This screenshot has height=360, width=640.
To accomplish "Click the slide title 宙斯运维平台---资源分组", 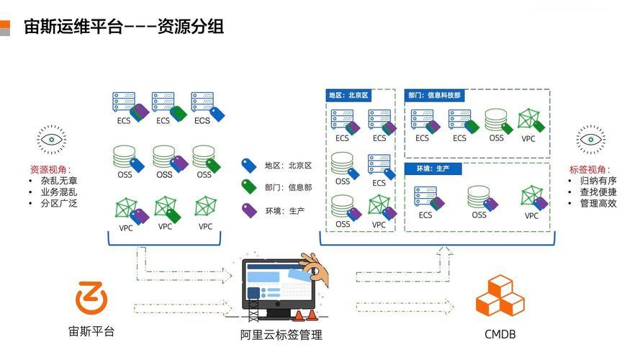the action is point(124,27).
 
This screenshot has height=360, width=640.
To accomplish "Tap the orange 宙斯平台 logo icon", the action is point(91,297).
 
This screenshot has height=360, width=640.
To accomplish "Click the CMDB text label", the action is point(500,334).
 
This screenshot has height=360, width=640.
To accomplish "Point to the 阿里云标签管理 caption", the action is point(281,335).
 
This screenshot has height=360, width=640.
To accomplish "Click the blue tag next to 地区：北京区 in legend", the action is point(248,166).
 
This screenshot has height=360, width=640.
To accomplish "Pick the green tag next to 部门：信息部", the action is point(248,187).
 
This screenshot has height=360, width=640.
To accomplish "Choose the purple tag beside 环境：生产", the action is point(248,210).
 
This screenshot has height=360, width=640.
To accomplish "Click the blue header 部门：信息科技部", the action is point(434,95).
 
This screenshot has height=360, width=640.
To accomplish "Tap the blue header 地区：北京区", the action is point(348,95).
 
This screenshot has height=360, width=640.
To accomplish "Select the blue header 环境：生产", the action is point(433,168).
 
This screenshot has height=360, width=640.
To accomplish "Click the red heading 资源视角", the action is point(49,169).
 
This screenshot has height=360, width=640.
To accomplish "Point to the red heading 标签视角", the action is point(588,169).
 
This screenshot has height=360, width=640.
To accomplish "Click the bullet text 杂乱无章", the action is point(59,181).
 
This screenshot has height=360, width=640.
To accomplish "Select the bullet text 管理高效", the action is point(598,203).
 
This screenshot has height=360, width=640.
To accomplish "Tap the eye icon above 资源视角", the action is point(51,140).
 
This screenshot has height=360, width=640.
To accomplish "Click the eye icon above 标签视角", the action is point(591,140).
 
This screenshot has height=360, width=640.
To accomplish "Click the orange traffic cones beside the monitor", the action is point(305,315).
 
